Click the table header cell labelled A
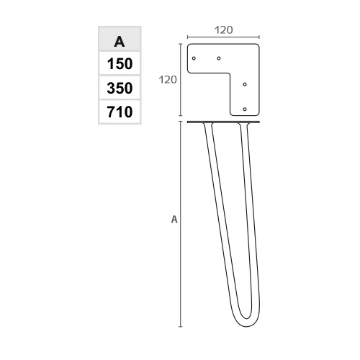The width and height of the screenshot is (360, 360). coord(120,39)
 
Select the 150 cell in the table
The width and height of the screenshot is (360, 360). coord(120,63)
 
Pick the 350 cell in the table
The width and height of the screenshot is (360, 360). coord(120,88)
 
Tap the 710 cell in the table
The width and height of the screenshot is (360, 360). coord(120,112)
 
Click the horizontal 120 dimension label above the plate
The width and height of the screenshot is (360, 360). coord(223,30)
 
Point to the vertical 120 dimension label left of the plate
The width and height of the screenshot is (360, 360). coord(168,80)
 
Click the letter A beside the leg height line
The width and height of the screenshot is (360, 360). coord(174,220)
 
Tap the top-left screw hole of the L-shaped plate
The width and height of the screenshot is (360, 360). coord(194,58)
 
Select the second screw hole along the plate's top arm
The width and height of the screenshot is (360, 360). coord(219,58)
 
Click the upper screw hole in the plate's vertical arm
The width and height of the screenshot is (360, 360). coord(245,84)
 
